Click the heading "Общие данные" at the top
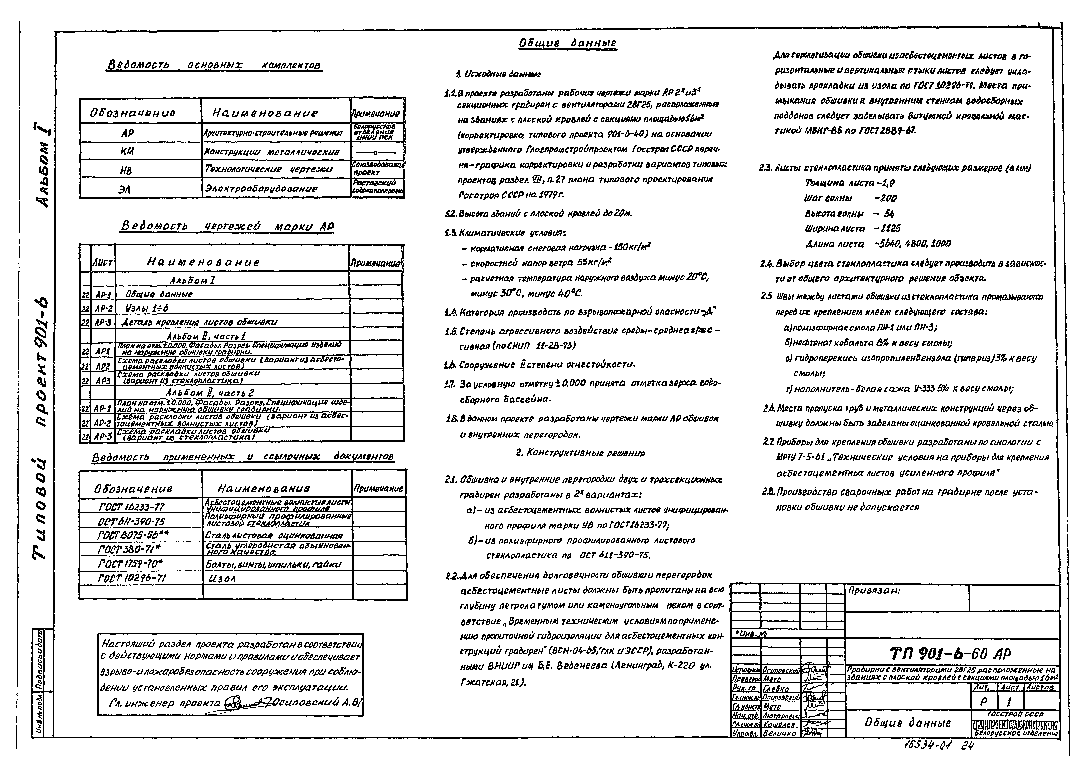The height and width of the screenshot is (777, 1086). coord(568,44)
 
